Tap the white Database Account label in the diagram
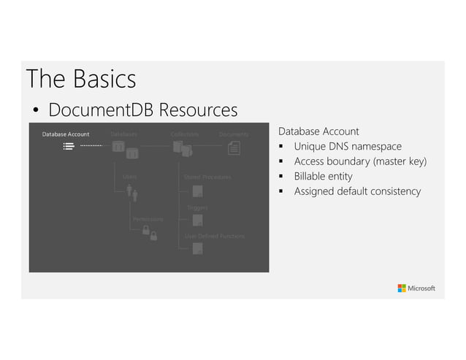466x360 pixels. coord(65,134)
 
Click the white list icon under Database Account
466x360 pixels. coord(68,146)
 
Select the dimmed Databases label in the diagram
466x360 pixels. coord(123,134)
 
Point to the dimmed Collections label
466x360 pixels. coord(185,134)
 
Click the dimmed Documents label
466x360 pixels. coord(234,134)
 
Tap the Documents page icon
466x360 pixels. coord(234,148)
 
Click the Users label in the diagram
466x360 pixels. coord(129,177)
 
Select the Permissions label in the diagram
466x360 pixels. coord(148,219)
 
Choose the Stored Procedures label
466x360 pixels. coord(207,177)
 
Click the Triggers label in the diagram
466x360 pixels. coord(197,208)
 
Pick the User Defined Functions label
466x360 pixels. coord(215,236)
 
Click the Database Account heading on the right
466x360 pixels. coord(318,131)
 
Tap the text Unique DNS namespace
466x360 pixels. coord(348,146)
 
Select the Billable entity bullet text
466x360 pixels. coord(323,176)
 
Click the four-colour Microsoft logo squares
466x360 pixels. coord(402,288)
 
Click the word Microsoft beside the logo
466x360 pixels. coord(421,288)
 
